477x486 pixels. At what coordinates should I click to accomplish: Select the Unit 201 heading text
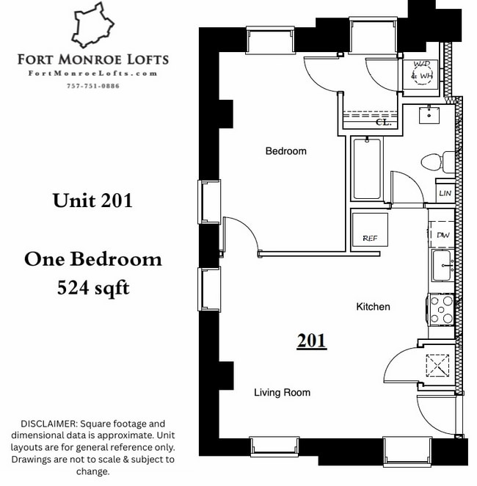tap(92, 200)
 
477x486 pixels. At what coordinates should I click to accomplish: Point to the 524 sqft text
tap(93, 288)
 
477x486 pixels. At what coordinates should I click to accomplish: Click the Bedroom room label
tap(285, 151)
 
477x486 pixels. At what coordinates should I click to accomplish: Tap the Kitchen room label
tap(373, 306)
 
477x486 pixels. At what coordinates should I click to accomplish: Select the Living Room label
tap(282, 393)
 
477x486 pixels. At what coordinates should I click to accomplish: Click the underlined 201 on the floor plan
tap(312, 341)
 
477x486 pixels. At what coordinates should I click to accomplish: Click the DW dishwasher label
tap(443, 235)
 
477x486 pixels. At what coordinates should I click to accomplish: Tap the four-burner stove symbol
tap(443, 308)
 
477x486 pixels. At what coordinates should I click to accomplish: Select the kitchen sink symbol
tap(442, 265)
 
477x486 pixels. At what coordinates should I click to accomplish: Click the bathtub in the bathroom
tap(367, 169)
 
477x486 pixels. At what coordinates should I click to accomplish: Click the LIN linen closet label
tap(445, 193)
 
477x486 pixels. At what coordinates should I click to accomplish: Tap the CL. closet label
tap(382, 123)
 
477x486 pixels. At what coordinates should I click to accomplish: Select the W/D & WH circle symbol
tap(423, 74)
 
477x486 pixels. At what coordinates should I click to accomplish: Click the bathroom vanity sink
tap(429, 115)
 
